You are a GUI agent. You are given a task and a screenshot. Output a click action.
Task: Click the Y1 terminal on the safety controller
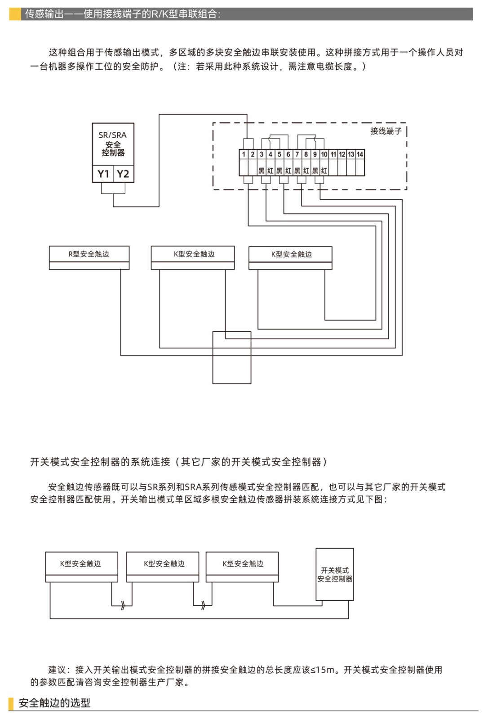103,174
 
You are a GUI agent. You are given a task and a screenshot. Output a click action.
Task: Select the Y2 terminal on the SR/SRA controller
123,174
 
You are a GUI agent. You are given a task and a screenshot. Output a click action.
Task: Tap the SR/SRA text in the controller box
113,135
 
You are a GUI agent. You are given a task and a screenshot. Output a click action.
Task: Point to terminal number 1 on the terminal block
244,154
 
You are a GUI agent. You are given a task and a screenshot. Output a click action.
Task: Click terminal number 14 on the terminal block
360,154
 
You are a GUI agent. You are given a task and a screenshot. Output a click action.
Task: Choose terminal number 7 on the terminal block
297,154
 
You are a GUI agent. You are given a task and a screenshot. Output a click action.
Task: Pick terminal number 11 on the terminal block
333,154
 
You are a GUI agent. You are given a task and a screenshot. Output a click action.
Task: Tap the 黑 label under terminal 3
262,171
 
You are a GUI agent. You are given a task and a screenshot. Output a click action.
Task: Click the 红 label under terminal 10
324,171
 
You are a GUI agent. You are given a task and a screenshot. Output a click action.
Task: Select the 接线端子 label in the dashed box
386,131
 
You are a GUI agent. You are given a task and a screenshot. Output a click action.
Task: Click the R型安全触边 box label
89,254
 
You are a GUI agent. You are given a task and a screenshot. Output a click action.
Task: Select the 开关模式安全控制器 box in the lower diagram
335,575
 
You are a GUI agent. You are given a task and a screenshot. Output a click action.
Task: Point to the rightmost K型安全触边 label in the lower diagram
243,563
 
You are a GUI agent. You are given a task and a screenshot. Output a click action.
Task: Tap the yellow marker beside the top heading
15,14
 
